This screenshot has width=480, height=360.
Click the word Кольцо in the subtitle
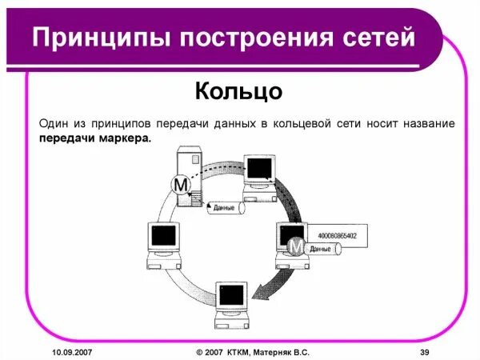point(238,90)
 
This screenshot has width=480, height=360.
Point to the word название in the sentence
point(422,124)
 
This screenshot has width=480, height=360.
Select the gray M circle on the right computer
point(296,246)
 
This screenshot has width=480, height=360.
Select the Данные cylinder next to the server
point(226,208)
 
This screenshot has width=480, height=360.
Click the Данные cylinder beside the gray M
point(323,250)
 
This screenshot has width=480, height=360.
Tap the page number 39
point(425,352)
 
